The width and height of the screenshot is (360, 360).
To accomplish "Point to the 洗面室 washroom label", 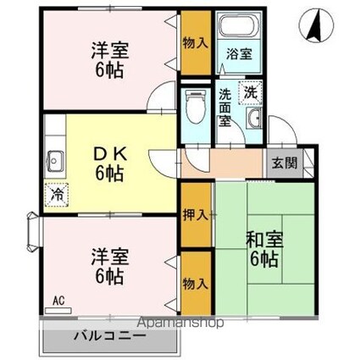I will point(225,108).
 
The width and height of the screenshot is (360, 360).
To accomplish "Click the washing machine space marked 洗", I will point(251,91).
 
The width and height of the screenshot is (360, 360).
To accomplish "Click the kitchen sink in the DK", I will point(57,158).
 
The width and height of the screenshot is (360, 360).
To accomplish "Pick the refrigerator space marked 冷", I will point(55,193).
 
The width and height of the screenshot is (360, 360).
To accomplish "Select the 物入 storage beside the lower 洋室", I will point(196,282).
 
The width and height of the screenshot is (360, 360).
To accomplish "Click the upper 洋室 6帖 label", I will point(108,60).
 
